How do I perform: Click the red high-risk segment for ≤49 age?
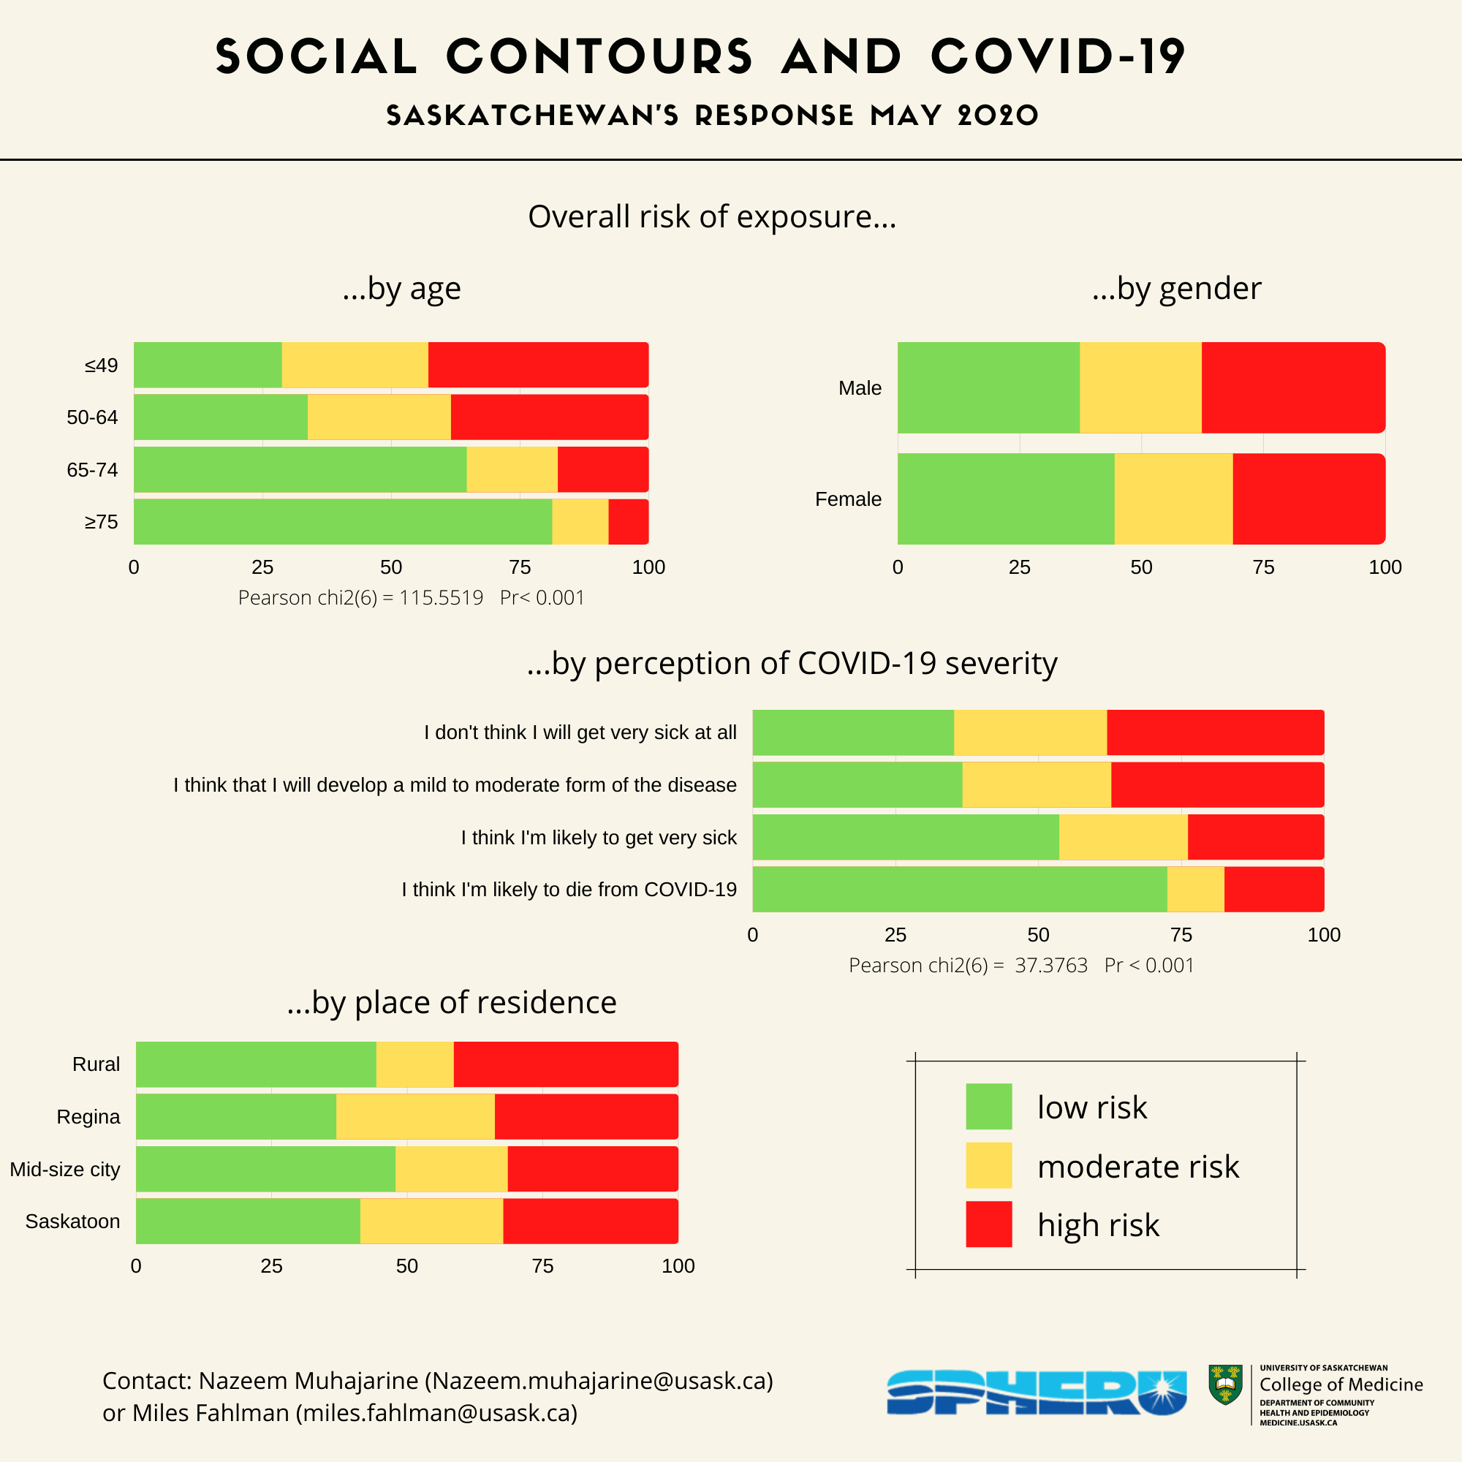tap(537, 365)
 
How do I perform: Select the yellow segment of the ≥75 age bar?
tap(580, 521)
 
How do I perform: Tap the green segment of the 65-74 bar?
tap(300, 469)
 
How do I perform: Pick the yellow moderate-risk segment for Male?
tap(1140, 387)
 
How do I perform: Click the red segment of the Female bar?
tap(1308, 499)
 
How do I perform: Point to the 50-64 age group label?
tap(92, 417)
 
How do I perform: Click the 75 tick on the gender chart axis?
tap(1263, 567)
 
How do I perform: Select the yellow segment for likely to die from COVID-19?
tap(1195, 889)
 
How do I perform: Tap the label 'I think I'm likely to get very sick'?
tap(599, 838)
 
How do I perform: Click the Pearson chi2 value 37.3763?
tap(1050, 966)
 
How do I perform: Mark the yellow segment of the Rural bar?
tap(414, 1064)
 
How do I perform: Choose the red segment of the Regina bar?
tap(586, 1116)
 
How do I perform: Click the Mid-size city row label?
tap(65, 1169)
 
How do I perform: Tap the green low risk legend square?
tap(988, 1106)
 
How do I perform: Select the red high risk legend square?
tap(988, 1224)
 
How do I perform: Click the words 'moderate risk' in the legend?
tap(1137, 1166)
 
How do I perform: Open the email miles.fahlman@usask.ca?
tap(436, 1413)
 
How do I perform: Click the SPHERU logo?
tap(1036, 1393)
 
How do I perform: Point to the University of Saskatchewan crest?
tap(1225, 1385)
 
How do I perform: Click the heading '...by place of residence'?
tap(452, 1002)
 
